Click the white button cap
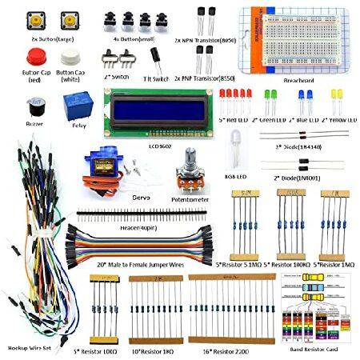tap(68, 57)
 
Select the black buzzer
tap(34, 106)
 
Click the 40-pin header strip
tap(138, 218)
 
